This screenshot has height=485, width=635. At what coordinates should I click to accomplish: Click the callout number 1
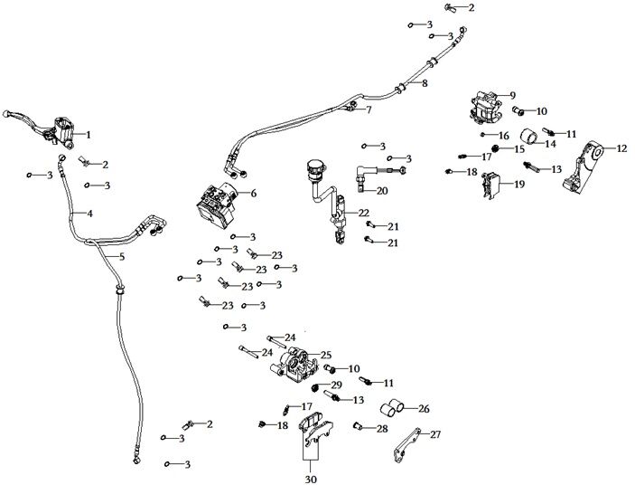[89, 135]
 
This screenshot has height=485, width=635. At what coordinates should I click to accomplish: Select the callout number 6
[254, 194]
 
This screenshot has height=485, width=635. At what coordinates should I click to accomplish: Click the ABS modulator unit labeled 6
[217, 204]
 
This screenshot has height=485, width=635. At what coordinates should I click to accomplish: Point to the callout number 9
[511, 95]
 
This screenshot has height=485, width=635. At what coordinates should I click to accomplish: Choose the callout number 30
[312, 479]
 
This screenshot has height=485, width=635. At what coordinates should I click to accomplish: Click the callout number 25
[326, 355]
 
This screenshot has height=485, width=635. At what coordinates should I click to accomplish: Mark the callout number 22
[364, 213]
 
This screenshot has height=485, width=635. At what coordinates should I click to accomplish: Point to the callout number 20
[382, 191]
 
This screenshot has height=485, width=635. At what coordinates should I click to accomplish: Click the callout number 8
[424, 83]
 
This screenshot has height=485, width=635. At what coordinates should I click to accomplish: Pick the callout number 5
[122, 258]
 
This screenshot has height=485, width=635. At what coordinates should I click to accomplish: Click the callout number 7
[368, 109]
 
